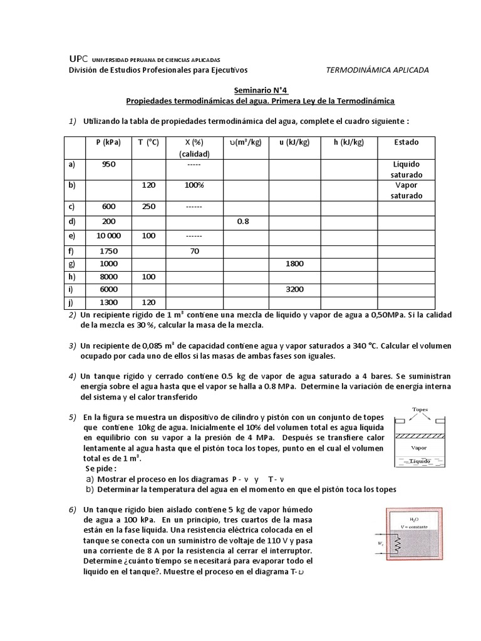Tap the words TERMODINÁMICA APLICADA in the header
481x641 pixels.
378,70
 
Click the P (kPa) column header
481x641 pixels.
113,142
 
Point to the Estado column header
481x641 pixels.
406,142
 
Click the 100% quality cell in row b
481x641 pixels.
194,186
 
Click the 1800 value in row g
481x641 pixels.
294,264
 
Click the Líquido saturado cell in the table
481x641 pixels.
406,169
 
